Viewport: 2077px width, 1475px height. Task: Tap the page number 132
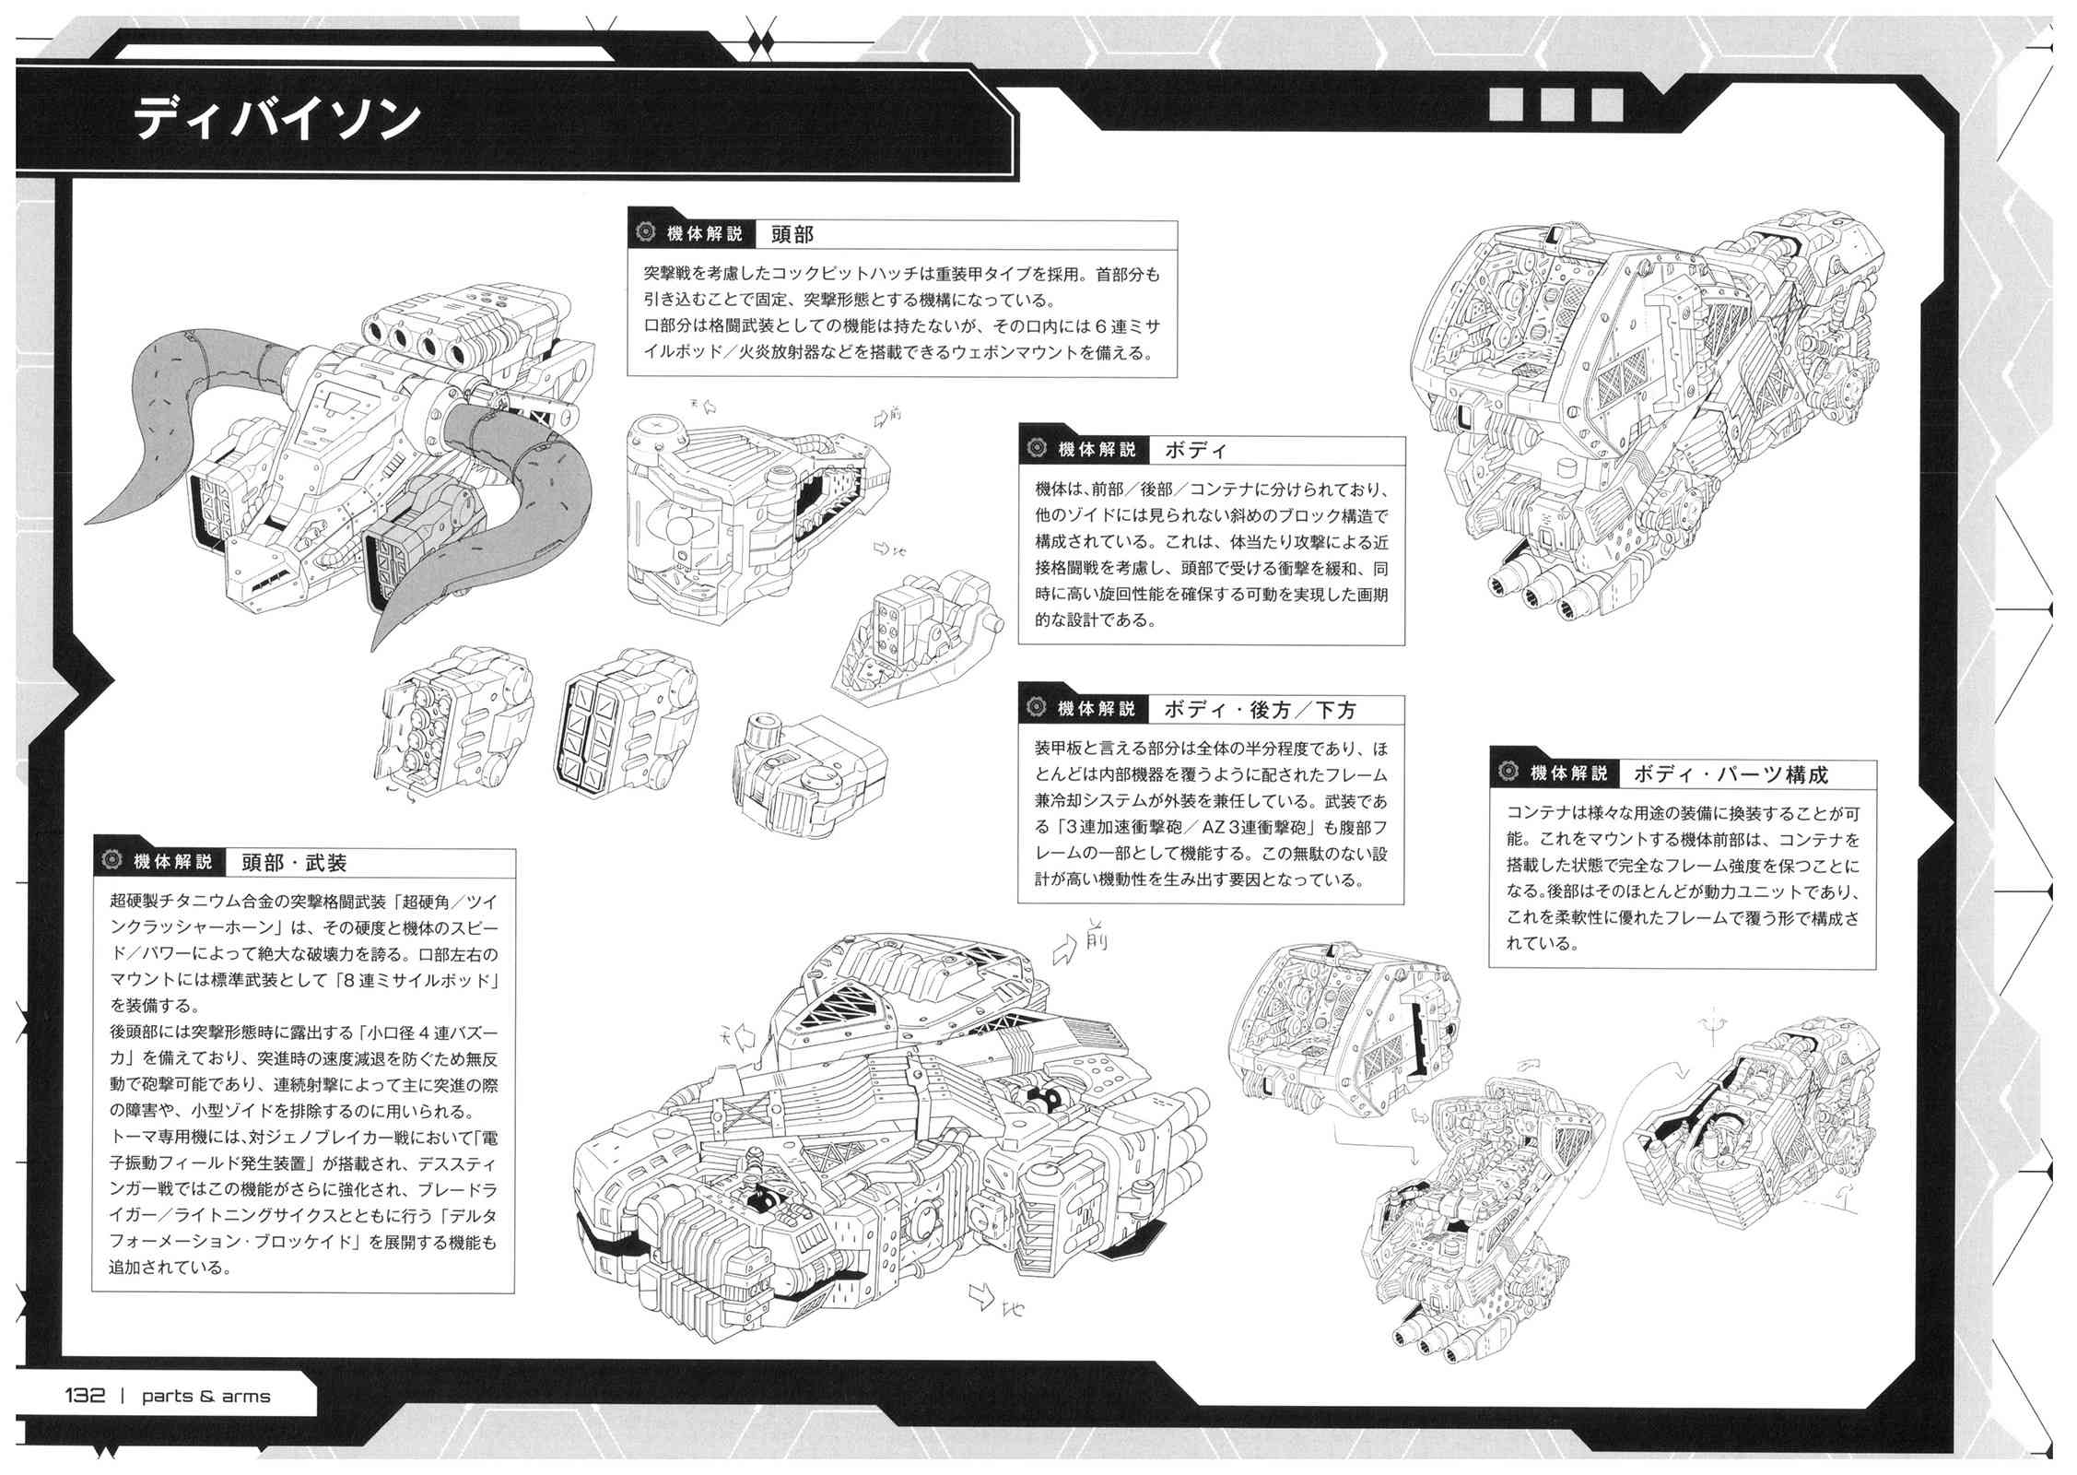[84, 1395]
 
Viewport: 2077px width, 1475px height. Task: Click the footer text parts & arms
[205, 1396]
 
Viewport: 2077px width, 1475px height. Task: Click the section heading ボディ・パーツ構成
[1730, 774]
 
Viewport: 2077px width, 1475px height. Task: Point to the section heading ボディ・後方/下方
[1260, 709]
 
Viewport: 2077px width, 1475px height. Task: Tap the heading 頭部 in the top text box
[792, 234]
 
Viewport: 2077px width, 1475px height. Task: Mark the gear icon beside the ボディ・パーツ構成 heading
[1508, 773]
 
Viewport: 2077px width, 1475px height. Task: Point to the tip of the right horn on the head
[375, 651]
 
